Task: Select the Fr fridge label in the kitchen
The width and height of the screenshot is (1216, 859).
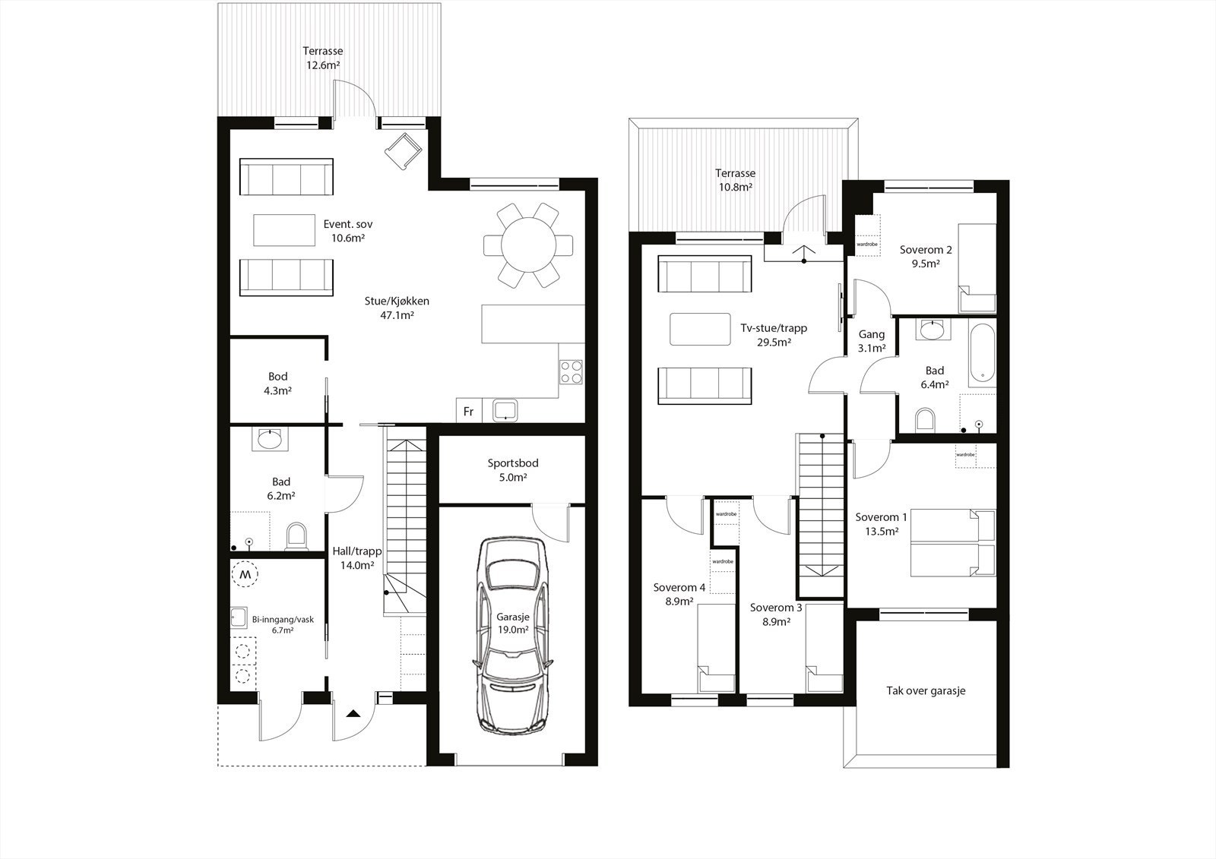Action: tap(468, 412)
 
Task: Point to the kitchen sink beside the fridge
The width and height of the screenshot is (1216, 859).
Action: tap(505, 411)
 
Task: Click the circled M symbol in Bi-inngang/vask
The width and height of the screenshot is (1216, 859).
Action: tap(245, 575)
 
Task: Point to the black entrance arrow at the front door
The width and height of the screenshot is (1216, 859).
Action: tap(353, 713)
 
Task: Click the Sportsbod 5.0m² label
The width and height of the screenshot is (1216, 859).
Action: tap(513, 470)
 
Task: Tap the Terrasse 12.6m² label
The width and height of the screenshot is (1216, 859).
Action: tap(323, 58)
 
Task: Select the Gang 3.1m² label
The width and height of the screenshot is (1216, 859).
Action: tap(872, 341)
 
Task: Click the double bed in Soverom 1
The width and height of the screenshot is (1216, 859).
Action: tap(953, 543)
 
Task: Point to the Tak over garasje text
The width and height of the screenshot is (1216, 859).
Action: tap(926, 691)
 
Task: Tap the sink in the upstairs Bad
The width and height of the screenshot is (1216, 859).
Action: tap(930, 330)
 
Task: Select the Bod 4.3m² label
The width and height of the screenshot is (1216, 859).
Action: tap(277, 383)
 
